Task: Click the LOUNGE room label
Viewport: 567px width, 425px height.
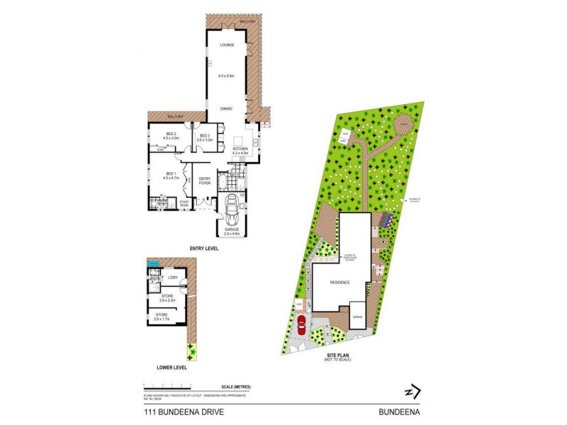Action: tap(227, 45)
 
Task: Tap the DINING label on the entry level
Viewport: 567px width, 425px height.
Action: tap(226, 108)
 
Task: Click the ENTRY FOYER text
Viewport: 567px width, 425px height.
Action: tap(205, 181)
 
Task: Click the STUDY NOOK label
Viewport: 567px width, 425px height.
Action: tap(184, 203)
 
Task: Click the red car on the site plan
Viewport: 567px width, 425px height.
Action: tap(301, 325)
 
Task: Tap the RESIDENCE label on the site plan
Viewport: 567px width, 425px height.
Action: tap(341, 282)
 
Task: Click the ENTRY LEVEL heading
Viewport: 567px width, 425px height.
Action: tap(203, 249)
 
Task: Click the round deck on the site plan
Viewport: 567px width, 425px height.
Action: tap(403, 125)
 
